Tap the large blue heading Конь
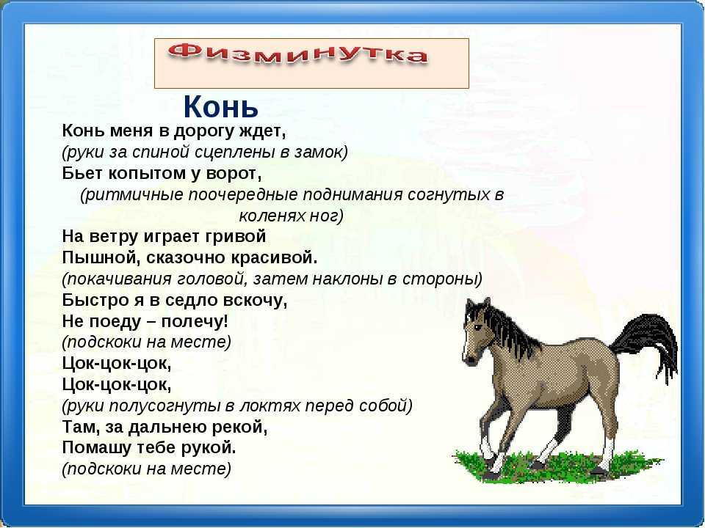pos(221,106)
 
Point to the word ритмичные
pos(133,195)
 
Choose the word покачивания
pos(119,279)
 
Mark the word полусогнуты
pos(165,406)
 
